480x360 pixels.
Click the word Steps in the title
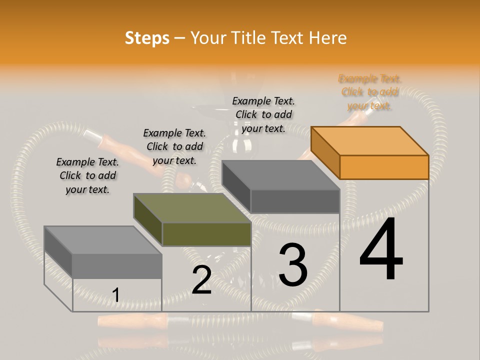click(x=147, y=38)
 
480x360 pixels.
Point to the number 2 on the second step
click(x=201, y=279)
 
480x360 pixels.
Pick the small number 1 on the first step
click(x=115, y=295)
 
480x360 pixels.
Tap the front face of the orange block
click(x=384, y=167)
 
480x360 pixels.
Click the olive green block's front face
click(x=206, y=234)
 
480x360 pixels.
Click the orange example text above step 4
click(x=370, y=92)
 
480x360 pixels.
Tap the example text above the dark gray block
click(x=263, y=114)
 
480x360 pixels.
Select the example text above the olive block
click(x=174, y=146)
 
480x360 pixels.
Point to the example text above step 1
click(x=87, y=175)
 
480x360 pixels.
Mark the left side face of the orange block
click(x=325, y=153)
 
